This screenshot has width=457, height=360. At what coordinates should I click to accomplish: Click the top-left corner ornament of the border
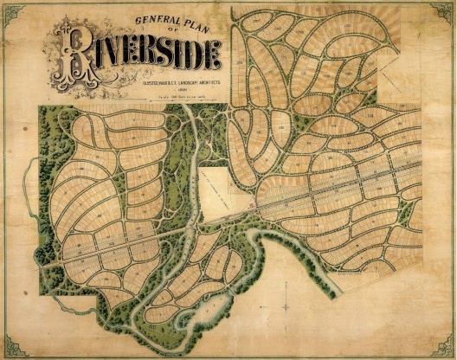point(8,8)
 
